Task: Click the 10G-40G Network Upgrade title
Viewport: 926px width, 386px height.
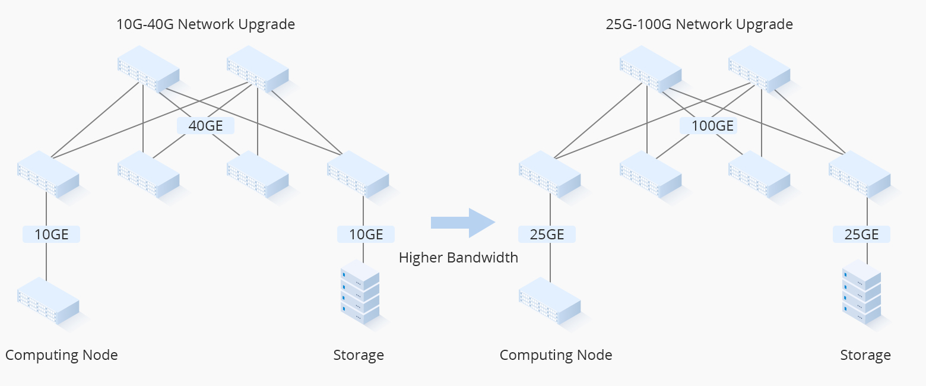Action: [x=205, y=24]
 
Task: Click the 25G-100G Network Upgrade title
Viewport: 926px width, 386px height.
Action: [x=699, y=24]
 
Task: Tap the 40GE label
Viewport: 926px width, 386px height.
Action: [x=205, y=125]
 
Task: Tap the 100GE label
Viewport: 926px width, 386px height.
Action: [x=708, y=125]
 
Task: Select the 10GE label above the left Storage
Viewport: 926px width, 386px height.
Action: [x=366, y=235]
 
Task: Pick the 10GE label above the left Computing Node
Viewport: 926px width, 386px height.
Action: [x=51, y=235]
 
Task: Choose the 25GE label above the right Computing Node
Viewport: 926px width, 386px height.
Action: [x=547, y=235]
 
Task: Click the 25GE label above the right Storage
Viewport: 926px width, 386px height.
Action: [x=861, y=235]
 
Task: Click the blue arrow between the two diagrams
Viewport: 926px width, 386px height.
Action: [x=463, y=223]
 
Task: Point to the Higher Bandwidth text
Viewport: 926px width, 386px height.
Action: [x=458, y=258]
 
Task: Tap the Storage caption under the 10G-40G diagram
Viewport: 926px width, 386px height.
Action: [x=359, y=355]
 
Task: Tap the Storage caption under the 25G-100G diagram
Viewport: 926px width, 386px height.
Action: [x=865, y=355]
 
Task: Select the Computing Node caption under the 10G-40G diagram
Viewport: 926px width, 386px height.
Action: [x=62, y=355]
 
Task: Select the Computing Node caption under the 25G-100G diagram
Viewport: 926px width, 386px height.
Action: [x=556, y=355]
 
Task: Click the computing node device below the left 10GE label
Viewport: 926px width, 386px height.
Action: [x=48, y=300]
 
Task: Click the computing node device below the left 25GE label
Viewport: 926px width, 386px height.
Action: [x=550, y=300]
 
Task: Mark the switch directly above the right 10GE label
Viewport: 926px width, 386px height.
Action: [x=358, y=173]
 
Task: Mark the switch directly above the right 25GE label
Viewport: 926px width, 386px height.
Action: [x=860, y=173]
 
